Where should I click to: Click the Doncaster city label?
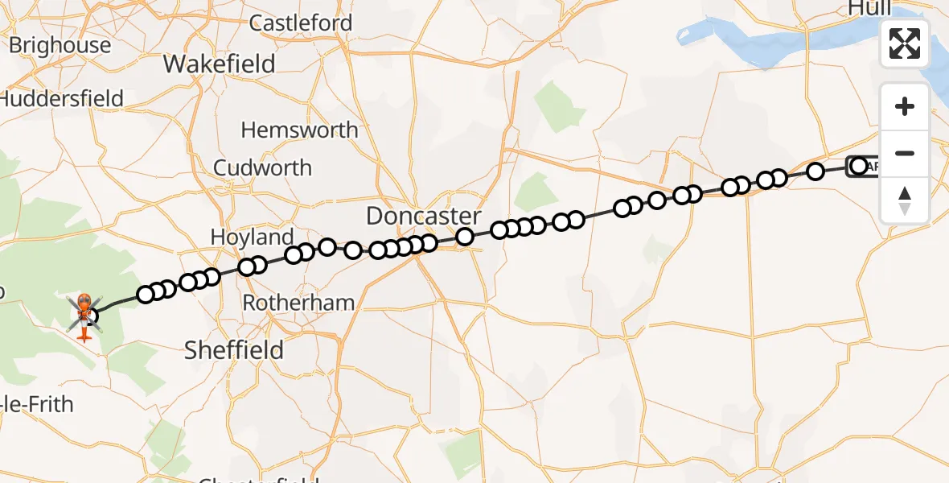coord(423,216)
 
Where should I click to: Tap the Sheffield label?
coord(234,349)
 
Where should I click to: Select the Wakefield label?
coord(219,64)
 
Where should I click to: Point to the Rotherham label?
coord(298,303)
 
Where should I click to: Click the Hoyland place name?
coord(252,237)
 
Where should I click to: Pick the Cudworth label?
coord(262,167)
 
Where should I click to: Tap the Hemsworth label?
coord(299,130)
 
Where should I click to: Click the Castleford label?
coord(301,23)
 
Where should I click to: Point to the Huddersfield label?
coord(63,99)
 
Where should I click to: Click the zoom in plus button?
coord(905,106)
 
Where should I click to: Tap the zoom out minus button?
coord(905,153)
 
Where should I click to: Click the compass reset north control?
coord(905,200)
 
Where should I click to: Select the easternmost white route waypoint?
coord(858,166)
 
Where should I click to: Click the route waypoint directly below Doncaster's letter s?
coord(465,236)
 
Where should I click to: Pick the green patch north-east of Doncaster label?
coord(532,192)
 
